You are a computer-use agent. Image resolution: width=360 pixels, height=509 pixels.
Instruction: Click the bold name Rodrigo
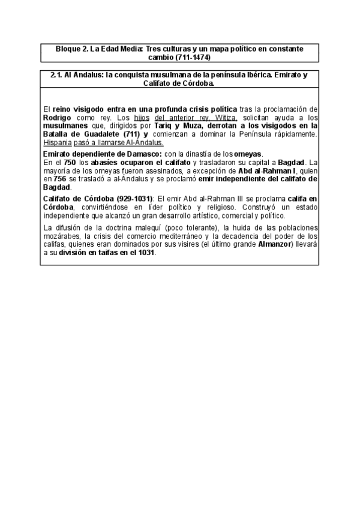tap(59, 118)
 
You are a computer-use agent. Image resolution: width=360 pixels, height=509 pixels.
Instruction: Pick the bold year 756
tap(59, 179)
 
